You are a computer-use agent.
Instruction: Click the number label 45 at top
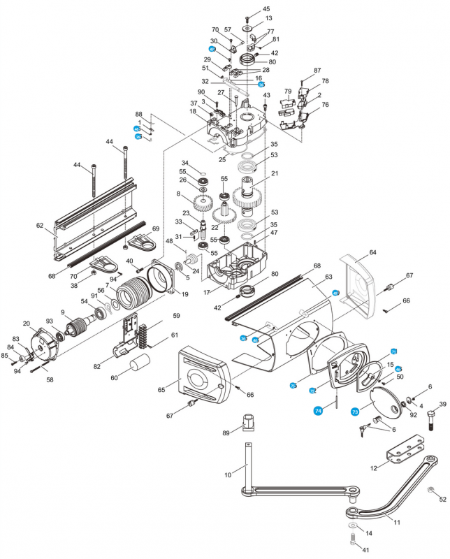[x=266, y=8]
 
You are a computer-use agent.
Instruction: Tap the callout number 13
[x=269, y=18]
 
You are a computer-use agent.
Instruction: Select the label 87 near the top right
[x=317, y=71]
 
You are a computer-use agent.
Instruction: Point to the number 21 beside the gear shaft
[x=275, y=174]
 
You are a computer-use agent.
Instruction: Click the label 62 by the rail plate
[x=40, y=226]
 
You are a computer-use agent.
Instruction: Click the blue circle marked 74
[x=319, y=411]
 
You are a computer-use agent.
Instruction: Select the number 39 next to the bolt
[x=442, y=405]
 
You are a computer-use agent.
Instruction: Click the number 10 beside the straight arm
[x=228, y=475]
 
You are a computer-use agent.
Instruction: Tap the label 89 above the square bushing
[x=225, y=433]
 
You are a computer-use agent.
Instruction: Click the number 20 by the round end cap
[x=26, y=324]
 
